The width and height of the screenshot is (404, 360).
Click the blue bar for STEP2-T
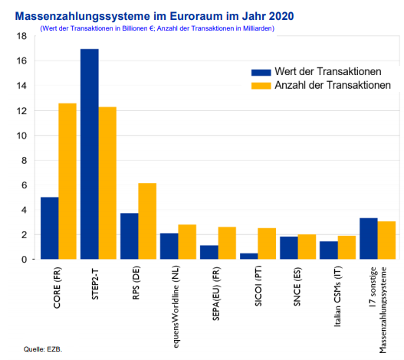point(90,154)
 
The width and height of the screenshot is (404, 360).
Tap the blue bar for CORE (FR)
point(49,228)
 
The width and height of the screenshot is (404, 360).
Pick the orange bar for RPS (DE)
point(147,221)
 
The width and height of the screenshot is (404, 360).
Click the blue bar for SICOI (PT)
point(248,256)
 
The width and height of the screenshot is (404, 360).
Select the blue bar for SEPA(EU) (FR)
point(209,252)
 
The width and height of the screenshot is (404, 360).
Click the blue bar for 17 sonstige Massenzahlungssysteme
point(368,239)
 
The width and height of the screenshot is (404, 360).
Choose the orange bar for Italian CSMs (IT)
point(346,247)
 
